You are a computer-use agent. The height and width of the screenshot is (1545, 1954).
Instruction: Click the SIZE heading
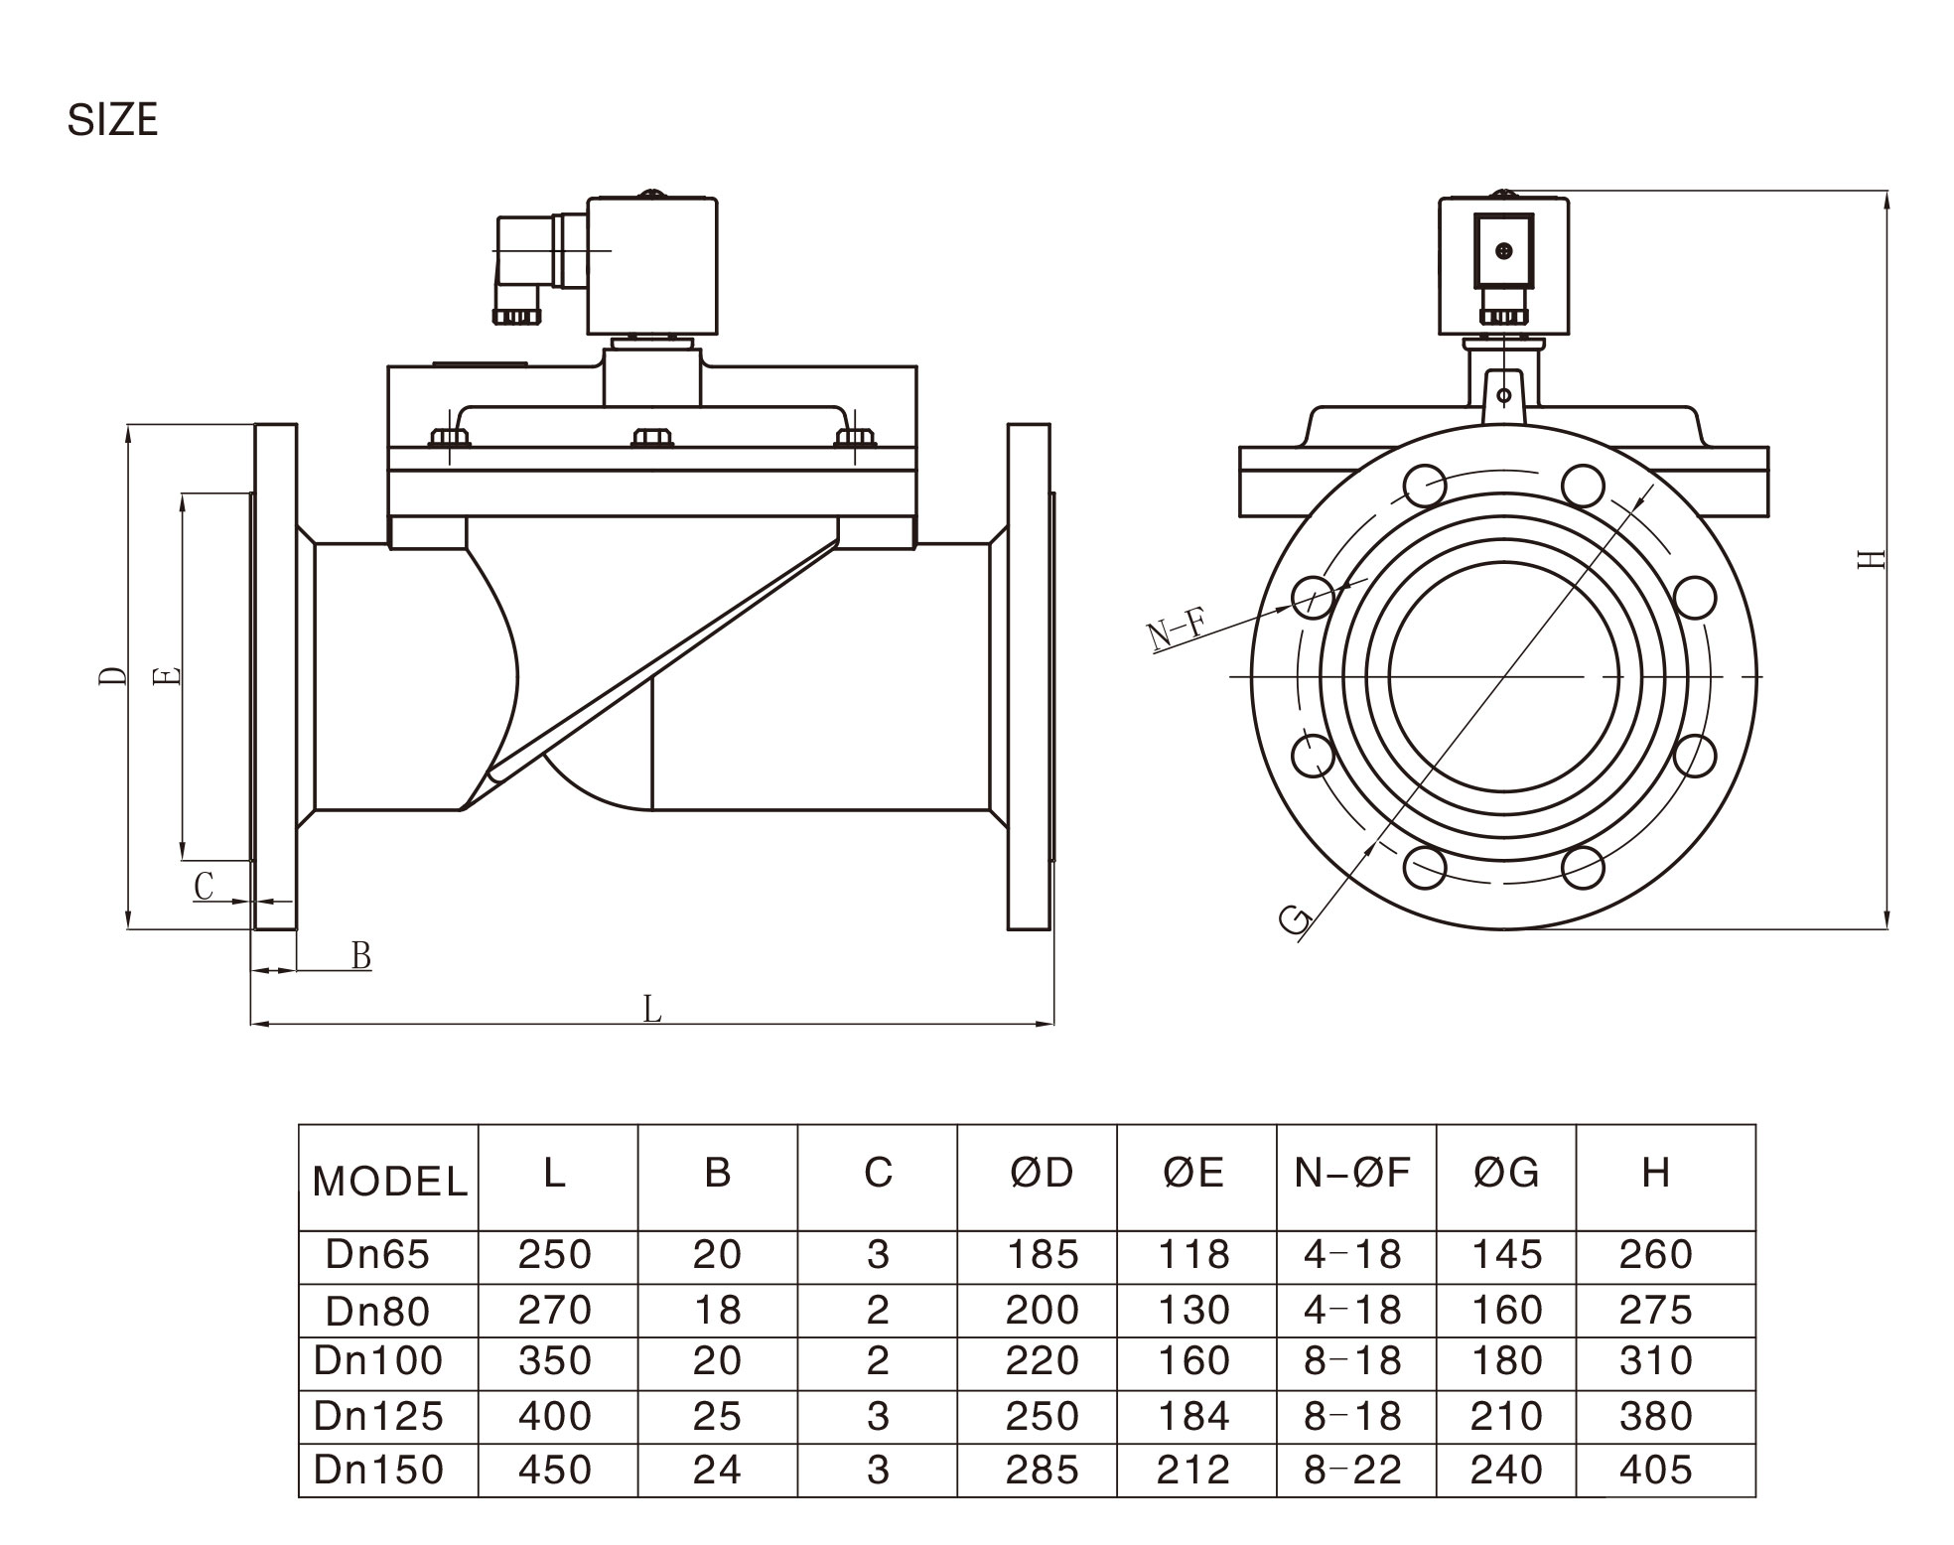(x=112, y=120)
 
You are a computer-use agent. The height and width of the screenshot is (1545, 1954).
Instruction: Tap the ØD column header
(x=1042, y=1174)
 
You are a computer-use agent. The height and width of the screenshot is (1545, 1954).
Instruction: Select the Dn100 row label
(x=378, y=1360)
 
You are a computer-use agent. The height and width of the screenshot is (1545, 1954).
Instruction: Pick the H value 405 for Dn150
(x=1655, y=1470)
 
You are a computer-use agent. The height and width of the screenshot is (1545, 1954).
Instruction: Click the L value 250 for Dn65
(x=554, y=1255)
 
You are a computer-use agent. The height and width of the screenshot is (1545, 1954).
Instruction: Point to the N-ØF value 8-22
(x=1352, y=1470)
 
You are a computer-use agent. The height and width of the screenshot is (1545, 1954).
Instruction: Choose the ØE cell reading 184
(x=1193, y=1416)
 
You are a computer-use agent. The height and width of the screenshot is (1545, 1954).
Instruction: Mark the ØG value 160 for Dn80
(x=1506, y=1311)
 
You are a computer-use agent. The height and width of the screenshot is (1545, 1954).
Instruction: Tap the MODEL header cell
(x=389, y=1182)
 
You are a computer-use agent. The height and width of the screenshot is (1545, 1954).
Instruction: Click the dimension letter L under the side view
(x=651, y=1010)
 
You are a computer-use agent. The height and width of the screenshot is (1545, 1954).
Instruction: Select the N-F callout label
(x=1178, y=632)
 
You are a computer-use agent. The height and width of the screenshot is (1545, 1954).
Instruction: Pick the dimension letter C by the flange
(x=204, y=886)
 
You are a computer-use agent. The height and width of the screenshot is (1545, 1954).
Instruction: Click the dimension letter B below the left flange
(x=361, y=956)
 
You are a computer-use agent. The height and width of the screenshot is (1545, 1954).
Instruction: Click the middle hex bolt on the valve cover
(x=651, y=438)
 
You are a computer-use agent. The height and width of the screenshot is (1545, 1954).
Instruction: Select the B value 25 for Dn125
(x=717, y=1416)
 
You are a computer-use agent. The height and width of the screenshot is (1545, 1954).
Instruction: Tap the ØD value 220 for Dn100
(x=1042, y=1360)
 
